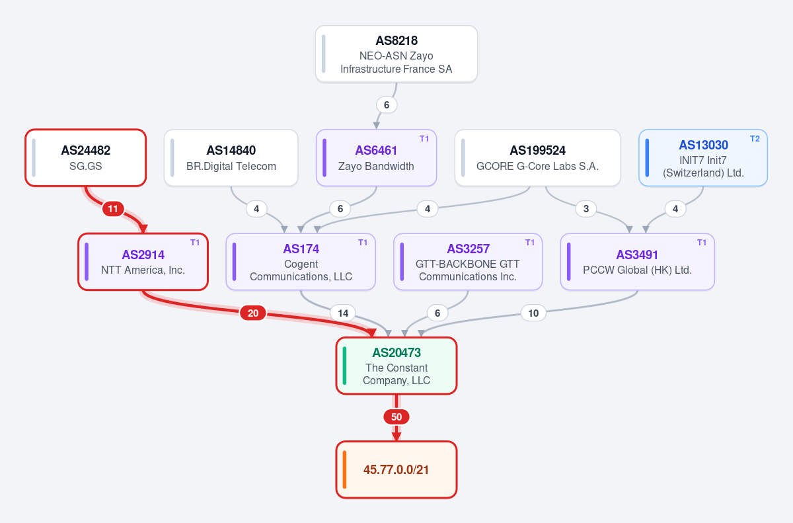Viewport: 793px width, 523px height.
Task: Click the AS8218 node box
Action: point(396,54)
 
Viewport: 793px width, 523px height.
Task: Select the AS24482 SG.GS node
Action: point(86,157)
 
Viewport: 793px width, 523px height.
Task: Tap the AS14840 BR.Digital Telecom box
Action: point(231,157)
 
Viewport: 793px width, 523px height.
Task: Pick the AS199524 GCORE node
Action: point(537,157)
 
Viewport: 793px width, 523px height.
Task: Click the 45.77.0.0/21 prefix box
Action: point(396,469)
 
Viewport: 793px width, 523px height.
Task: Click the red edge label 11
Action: point(113,209)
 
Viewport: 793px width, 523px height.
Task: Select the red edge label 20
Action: point(252,313)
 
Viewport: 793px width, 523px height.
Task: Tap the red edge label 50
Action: point(397,417)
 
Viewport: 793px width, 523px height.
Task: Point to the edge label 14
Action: point(343,313)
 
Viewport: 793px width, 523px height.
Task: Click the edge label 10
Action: point(533,313)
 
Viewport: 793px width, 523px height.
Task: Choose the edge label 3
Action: point(586,209)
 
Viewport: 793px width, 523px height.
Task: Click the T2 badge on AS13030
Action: point(755,138)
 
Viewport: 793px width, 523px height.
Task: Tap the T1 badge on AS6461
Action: point(424,138)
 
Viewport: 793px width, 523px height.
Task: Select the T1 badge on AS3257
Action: point(530,243)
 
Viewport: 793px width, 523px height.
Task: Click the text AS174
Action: point(301,249)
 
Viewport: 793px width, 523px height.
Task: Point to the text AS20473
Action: point(397,352)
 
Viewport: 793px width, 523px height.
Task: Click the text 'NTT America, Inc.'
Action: point(143,270)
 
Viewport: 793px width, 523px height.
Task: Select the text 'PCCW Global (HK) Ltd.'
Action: point(637,270)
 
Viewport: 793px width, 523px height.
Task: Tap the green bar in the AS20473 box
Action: point(344,366)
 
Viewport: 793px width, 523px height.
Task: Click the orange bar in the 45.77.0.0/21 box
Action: point(344,469)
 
